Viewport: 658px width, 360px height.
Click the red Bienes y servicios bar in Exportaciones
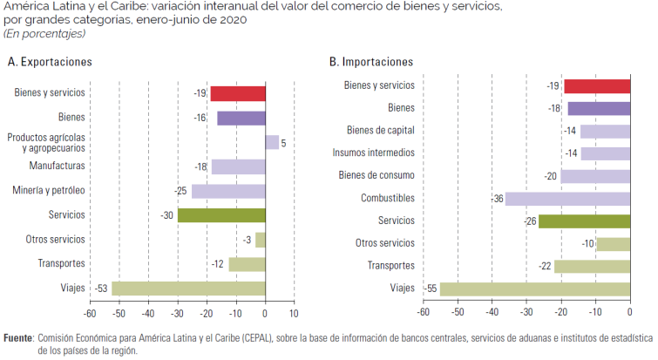point(237,93)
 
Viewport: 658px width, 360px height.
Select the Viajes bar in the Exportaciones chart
point(188,289)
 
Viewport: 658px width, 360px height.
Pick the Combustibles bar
point(567,199)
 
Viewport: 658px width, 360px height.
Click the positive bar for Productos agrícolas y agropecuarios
point(272,142)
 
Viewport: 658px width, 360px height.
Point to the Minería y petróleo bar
point(228,191)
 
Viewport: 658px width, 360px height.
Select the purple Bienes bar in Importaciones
point(599,109)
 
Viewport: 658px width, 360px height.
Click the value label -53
point(102,289)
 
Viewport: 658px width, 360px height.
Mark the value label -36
point(497,199)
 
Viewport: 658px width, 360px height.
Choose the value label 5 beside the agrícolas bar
point(283,142)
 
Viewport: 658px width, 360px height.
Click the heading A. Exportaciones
point(50,62)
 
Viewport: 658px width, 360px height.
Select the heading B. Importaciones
point(370,62)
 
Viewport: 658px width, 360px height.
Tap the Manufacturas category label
point(57,166)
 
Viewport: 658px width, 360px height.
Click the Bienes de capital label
point(380,131)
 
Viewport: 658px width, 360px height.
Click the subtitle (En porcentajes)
point(44,33)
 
